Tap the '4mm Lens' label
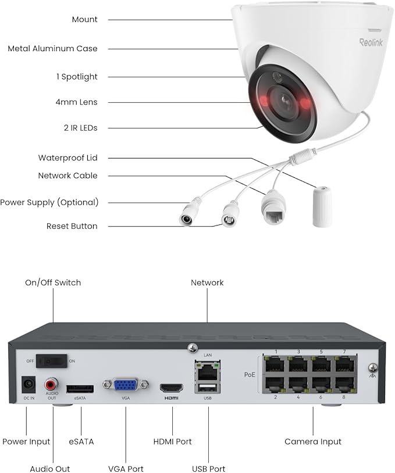tap(80, 102)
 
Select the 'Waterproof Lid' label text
tap(67, 157)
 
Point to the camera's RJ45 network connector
tap(273, 210)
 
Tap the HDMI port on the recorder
tap(172, 387)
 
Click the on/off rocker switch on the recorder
tap(53, 360)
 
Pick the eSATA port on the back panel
tap(80, 388)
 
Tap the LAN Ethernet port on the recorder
tap(208, 367)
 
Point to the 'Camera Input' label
tap(313, 442)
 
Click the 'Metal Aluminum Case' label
tap(52, 49)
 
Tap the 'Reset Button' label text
tap(72, 226)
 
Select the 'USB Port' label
tap(208, 468)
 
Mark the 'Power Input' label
tap(26, 442)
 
